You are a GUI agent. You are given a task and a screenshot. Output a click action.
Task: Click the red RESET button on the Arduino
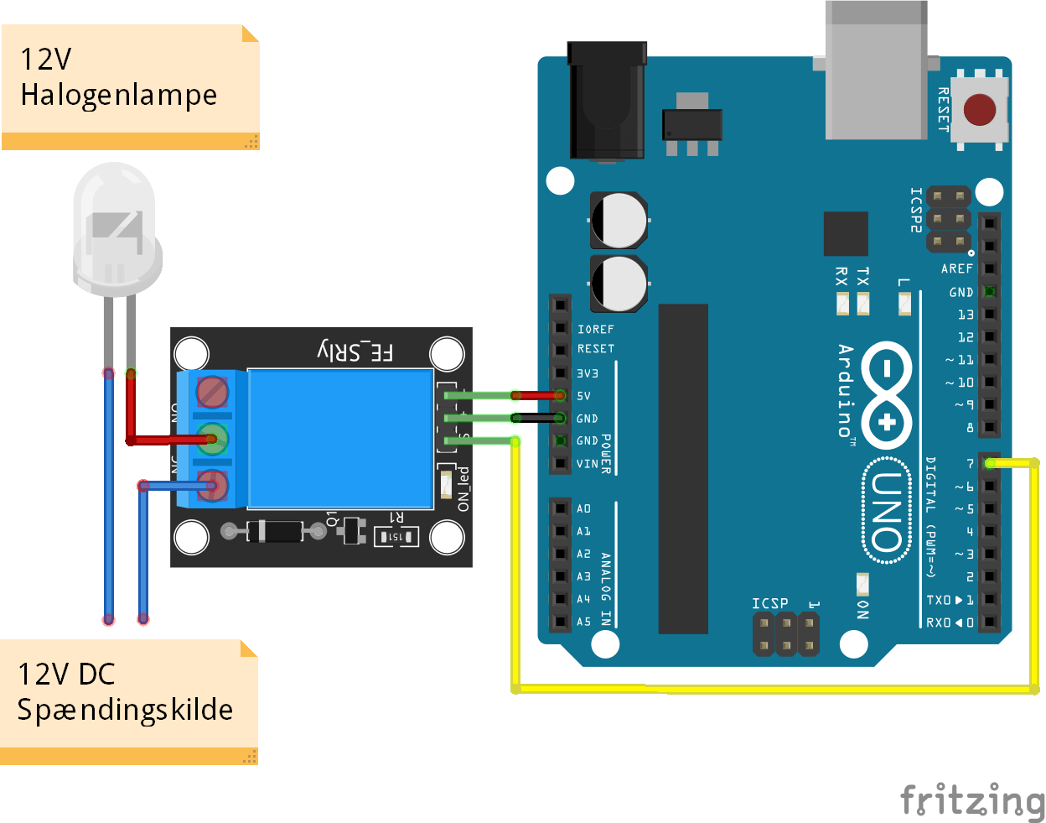tap(979, 109)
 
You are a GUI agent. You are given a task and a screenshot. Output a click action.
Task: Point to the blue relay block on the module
tap(340, 439)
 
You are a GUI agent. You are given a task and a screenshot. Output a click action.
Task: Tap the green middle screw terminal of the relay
tap(213, 438)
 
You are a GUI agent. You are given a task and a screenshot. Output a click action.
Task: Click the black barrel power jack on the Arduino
tap(607, 101)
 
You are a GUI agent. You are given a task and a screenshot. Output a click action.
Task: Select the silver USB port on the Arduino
tap(877, 71)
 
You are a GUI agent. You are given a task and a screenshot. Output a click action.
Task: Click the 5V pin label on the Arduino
tap(583, 396)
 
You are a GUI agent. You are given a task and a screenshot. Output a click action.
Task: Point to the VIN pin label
tap(588, 464)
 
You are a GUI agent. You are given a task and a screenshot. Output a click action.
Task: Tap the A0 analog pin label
tap(583, 508)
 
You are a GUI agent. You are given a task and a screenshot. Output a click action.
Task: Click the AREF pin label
tap(956, 269)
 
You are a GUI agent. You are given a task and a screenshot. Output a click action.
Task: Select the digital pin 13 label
tap(966, 315)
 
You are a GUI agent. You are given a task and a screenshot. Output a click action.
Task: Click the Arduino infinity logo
tap(887, 394)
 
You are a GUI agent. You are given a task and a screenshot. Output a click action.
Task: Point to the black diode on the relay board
tap(274, 531)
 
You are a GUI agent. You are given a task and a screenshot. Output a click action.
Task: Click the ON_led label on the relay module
tap(463, 489)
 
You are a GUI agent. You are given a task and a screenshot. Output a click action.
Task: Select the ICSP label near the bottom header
tap(769, 603)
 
